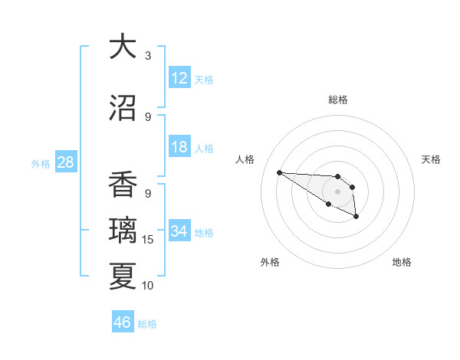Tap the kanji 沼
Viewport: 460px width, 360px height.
click(x=123, y=107)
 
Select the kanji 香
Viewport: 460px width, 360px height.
click(x=123, y=185)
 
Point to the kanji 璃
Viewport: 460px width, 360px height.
click(x=123, y=231)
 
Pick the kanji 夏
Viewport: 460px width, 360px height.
click(x=123, y=276)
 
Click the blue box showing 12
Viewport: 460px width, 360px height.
click(x=179, y=78)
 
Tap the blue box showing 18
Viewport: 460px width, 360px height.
click(x=179, y=147)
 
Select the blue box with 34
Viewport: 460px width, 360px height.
click(x=179, y=231)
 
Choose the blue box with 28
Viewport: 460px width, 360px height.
click(x=65, y=162)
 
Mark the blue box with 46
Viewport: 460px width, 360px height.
click(x=123, y=322)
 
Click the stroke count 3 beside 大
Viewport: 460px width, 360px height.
click(x=148, y=56)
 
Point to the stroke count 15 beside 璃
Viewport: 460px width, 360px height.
click(x=149, y=240)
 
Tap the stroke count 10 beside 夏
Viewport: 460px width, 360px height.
click(x=149, y=286)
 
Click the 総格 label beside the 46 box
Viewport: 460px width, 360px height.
click(x=147, y=324)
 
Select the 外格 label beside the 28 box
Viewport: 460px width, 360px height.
click(x=41, y=164)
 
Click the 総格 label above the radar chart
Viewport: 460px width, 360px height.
click(x=337, y=100)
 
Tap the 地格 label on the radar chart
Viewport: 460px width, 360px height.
click(x=402, y=262)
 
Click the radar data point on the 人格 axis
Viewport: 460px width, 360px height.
click(x=279, y=172)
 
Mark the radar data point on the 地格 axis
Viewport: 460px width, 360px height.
click(x=356, y=218)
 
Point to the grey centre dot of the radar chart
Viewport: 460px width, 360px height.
click(x=337, y=191)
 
